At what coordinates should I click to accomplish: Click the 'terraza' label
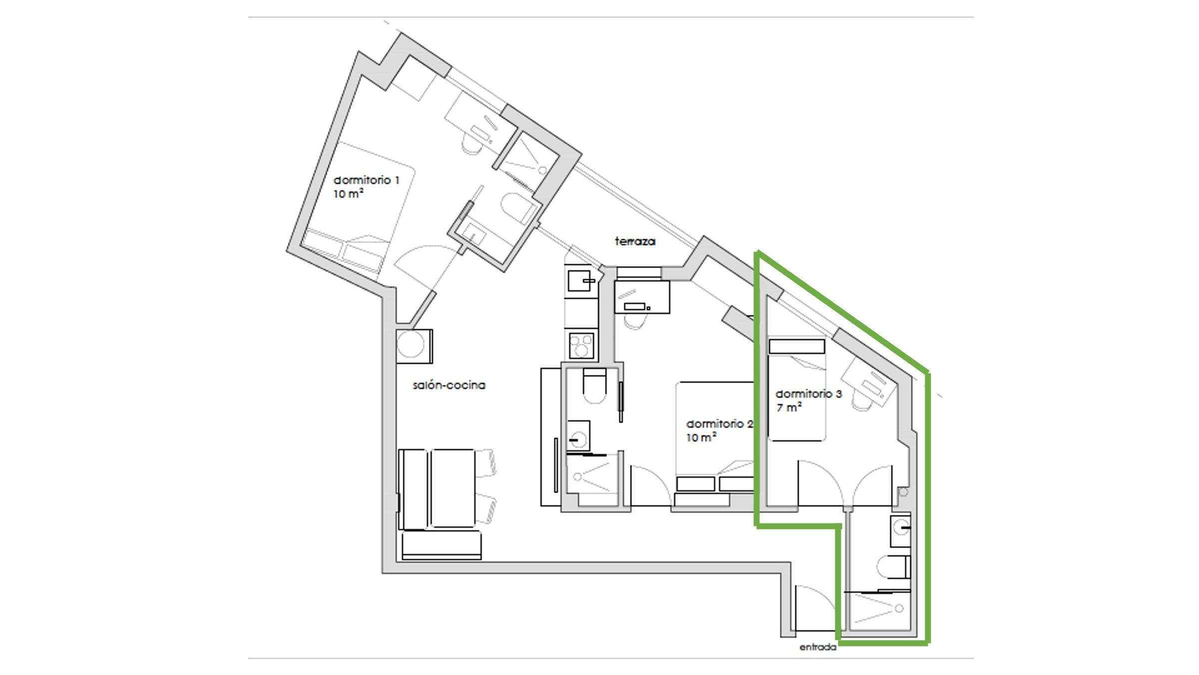tap(635, 241)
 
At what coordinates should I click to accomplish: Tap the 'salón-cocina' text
tap(449, 385)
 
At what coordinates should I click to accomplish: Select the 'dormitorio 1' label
tap(366, 180)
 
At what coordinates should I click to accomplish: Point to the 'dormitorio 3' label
tap(808, 394)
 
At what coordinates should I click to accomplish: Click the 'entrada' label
tap(818, 647)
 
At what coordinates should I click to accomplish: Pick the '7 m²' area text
tap(789, 407)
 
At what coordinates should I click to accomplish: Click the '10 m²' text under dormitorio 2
tap(701, 437)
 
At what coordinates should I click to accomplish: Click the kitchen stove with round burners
tap(582, 345)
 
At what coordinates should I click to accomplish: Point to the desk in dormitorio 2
tap(641, 297)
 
